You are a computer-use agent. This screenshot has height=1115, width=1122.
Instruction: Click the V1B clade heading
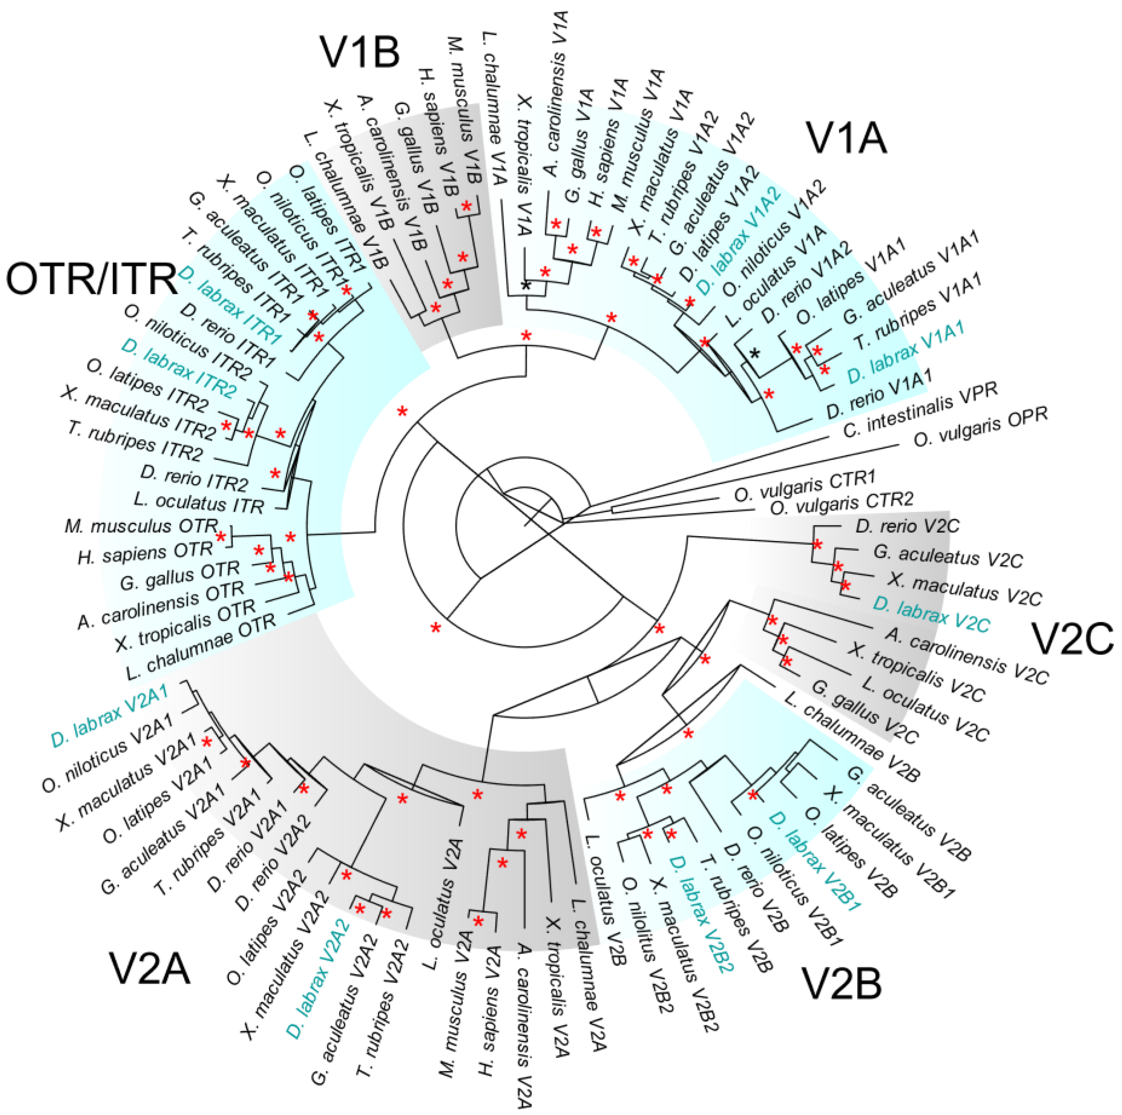[x=360, y=51]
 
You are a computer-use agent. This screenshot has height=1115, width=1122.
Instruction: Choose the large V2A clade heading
[x=150, y=969]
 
